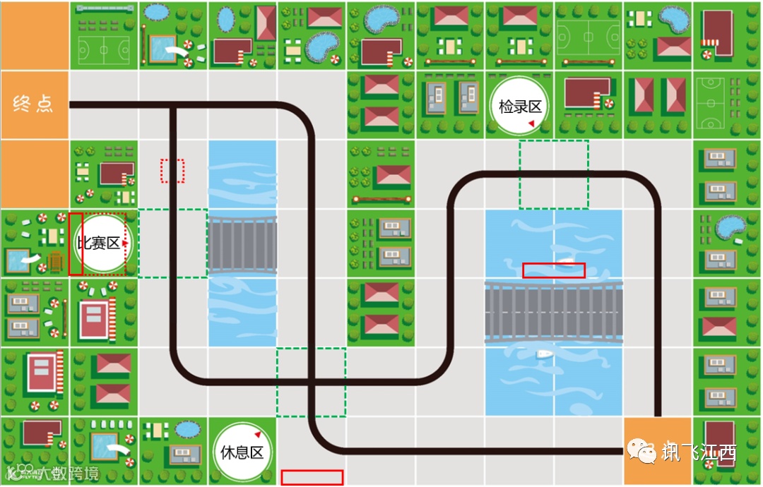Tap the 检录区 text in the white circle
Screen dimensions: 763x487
(520, 107)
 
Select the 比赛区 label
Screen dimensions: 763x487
(98, 243)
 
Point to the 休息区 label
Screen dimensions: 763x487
(242, 452)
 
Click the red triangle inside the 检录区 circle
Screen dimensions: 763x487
(531, 124)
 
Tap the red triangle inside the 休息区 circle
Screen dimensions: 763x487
(258, 434)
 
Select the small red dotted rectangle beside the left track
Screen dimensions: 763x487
(172, 171)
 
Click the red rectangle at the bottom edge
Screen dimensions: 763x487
(312, 478)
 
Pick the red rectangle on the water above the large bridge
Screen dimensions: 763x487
(554, 270)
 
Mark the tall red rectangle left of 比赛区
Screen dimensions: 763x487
(76, 243)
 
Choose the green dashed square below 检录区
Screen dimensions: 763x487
(554, 174)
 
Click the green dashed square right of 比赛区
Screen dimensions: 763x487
(173, 243)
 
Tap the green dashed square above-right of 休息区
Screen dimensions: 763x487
(312, 383)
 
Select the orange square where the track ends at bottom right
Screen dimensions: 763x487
(657, 451)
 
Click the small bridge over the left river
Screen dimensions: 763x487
(242, 244)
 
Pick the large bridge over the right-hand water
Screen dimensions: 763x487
(554, 312)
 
